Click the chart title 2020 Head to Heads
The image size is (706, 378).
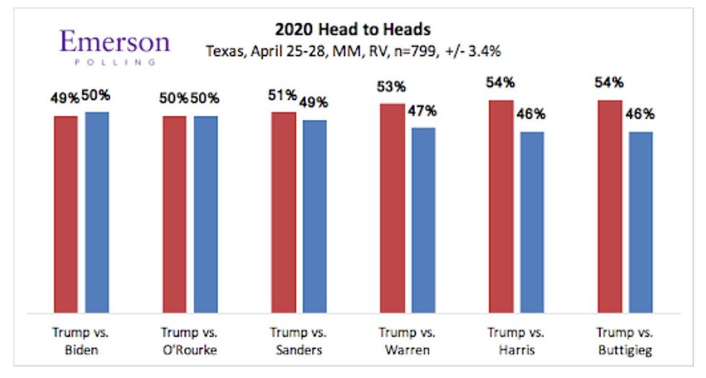[353, 30]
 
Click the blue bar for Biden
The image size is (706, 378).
[97, 213]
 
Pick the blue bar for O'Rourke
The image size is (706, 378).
[205, 214]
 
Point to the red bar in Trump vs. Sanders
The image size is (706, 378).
[283, 213]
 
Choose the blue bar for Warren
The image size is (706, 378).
[423, 220]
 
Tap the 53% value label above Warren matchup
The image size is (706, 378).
[391, 87]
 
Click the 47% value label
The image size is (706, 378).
[423, 112]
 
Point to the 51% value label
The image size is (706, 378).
[282, 96]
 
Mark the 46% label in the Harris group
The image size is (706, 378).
[531, 115]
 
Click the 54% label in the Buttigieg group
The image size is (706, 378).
[609, 83]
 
